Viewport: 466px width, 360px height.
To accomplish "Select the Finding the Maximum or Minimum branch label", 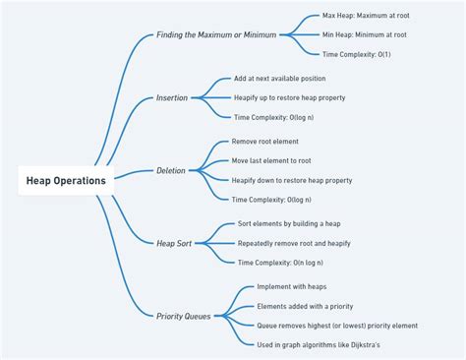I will point(216,35).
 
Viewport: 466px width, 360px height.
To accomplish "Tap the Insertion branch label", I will point(171,97).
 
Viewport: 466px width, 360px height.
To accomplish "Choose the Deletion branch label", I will point(170,170).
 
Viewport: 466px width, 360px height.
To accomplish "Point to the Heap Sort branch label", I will point(174,243).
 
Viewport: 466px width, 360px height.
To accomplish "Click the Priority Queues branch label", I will point(184,316).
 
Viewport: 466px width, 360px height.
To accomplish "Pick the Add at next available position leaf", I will point(279,79).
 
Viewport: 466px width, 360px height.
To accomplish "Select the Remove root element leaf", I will point(264,142).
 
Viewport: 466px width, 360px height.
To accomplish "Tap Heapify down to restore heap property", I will point(291,180).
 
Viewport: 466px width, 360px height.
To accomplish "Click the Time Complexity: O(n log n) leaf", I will point(279,263).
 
